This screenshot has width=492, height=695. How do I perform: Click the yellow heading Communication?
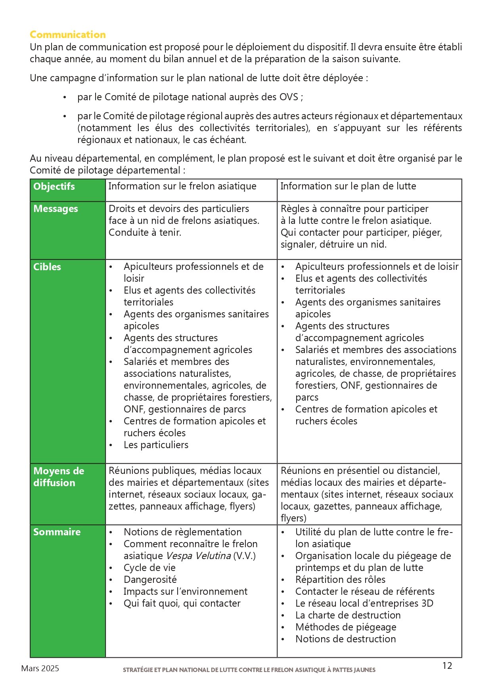tap(68, 34)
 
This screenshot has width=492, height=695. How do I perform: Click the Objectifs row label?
tap(54, 186)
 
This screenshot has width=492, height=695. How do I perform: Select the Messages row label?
tap(56, 209)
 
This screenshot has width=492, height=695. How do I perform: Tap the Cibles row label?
tap(47, 267)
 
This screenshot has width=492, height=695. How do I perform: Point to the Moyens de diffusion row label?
tap(58, 477)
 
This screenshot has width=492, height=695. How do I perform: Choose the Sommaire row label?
tap(57, 532)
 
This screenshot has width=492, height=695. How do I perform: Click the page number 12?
tap(447, 666)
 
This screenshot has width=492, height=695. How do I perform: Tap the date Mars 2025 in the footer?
tap(40, 668)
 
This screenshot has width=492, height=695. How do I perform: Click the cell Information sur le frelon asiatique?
tap(182, 186)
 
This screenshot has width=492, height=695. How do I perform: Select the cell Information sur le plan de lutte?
tap(348, 186)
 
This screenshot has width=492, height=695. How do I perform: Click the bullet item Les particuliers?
tap(156, 445)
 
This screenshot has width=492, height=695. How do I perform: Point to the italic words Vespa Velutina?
tap(198, 556)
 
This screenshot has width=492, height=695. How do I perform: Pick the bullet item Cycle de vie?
tap(149, 568)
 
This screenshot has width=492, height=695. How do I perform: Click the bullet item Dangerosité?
tap(150, 580)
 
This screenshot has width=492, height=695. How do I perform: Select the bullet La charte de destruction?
tap(348, 615)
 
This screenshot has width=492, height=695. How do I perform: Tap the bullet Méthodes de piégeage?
tap(346, 627)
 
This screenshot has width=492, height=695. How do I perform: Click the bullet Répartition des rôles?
tap(340, 580)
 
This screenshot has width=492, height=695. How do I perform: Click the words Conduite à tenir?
tap(145, 233)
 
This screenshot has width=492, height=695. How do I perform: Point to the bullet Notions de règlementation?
tap(182, 532)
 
